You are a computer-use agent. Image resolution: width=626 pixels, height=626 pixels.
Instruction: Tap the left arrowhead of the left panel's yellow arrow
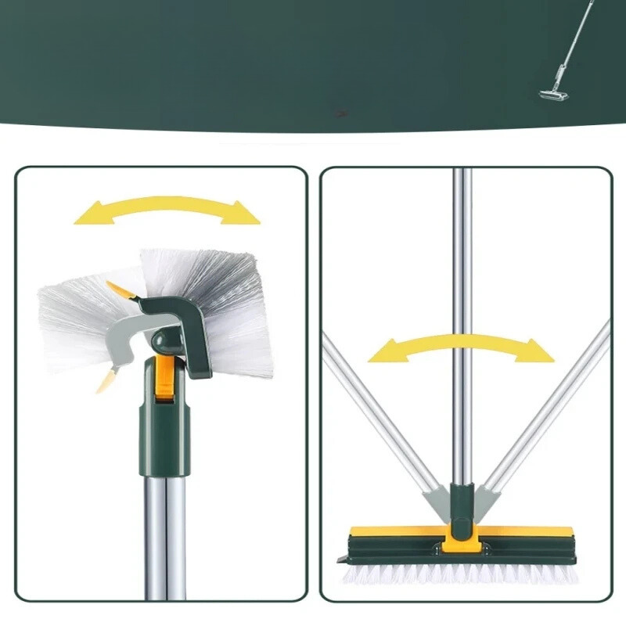(90, 213)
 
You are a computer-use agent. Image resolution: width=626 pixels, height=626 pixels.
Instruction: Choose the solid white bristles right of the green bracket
(235, 313)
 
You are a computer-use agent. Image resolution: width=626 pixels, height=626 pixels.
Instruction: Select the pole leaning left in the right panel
(376, 407)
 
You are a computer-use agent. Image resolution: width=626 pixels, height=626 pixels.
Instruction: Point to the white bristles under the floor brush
(462, 575)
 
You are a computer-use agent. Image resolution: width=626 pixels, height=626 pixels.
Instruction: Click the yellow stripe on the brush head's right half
(532, 532)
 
